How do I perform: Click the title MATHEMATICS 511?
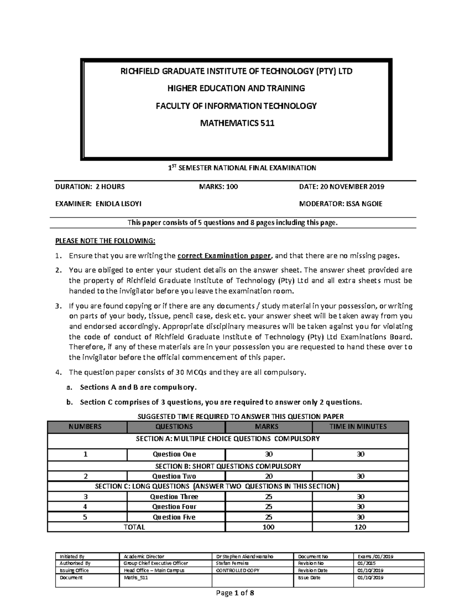pos(237,123)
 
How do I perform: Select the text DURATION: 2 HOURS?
pos(90,187)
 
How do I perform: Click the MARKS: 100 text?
pos(219,187)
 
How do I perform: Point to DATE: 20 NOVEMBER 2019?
pos(342,187)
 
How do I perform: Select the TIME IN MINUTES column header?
pos(360,427)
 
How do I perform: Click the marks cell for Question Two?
pos(269,476)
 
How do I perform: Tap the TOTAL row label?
pos(134,527)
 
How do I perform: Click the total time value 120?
pos(360,527)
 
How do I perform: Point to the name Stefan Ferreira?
pos(232,563)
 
